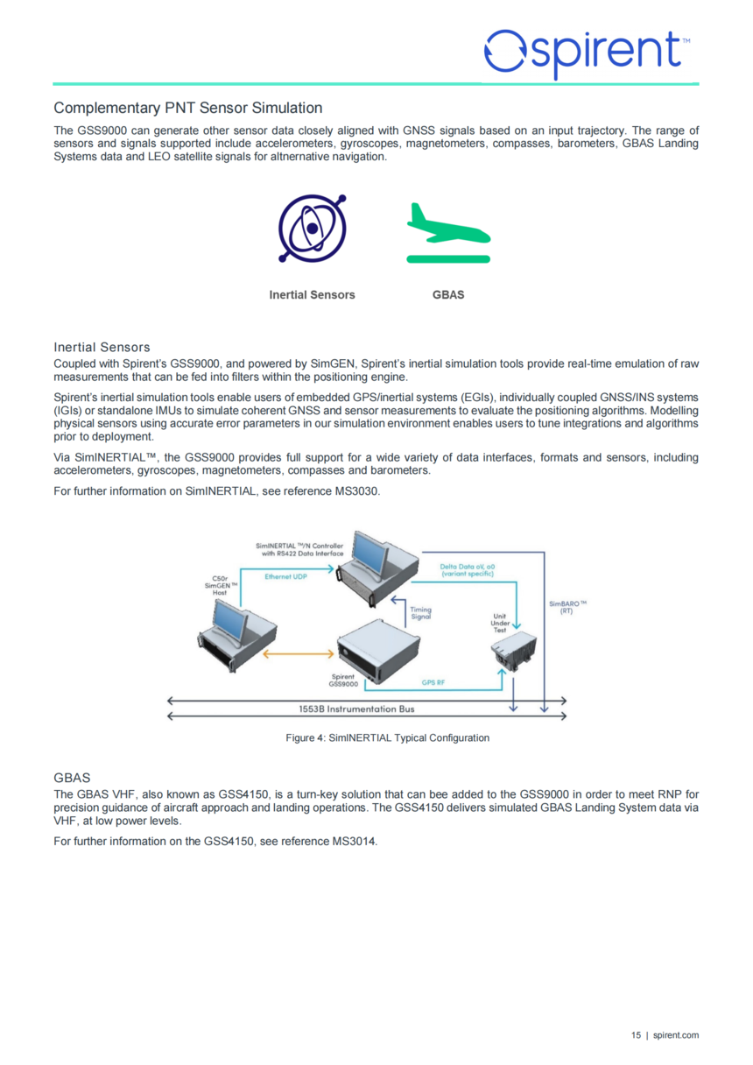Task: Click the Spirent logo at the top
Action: pyautogui.click(x=588, y=53)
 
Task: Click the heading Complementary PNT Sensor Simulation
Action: pyautogui.click(x=187, y=108)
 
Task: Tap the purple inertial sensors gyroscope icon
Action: pyautogui.click(x=313, y=229)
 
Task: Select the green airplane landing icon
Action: pyautogui.click(x=448, y=233)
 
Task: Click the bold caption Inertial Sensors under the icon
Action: pyautogui.click(x=312, y=295)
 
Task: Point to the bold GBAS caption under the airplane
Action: pyautogui.click(x=448, y=295)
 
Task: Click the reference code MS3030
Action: pyautogui.click(x=356, y=491)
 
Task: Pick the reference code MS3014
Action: pyautogui.click(x=354, y=841)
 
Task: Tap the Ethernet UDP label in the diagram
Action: pyautogui.click(x=285, y=576)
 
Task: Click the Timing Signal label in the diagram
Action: pyautogui.click(x=420, y=613)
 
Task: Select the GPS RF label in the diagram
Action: pyautogui.click(x=433, y=682)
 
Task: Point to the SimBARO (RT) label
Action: pyautogui.click(x=567, y=607)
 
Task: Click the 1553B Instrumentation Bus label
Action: pyautogui.click(x=356, y=709)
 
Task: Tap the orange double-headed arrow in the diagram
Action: pyautogui.click(x=298, y=654)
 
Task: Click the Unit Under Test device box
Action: pyautogui.click(x=513, y=651)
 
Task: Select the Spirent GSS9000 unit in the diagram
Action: pyautogui.click(x=378, y=652)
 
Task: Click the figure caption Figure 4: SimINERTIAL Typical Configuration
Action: pyautogui.click(x=387, y=738)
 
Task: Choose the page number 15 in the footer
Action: pyautogui.click(x=636, y=1035)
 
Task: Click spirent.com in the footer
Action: pyautogui.click(x=676, y=1035)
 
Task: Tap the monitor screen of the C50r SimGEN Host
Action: pyautogui.click(x=229, y=618)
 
